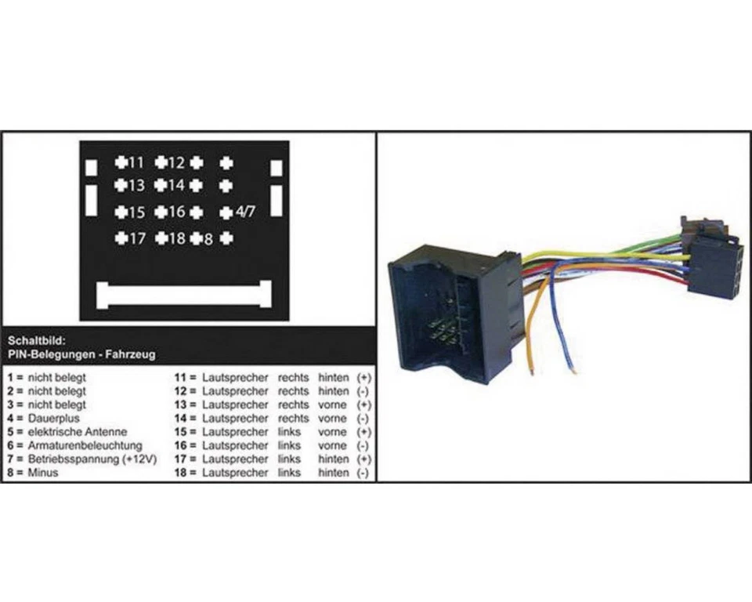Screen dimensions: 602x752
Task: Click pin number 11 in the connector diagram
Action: pos(136,163)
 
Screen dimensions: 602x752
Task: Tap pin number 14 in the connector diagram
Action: pos(175,186)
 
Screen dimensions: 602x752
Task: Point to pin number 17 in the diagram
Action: pos(136,238)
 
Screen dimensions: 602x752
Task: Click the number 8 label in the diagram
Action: pos(208,238)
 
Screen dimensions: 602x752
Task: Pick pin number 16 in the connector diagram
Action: pos(175,212)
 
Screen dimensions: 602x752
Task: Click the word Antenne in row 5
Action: pos(107,431)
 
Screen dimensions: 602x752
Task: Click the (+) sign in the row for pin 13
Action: pos(363,404)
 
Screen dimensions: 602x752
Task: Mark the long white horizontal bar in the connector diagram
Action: pos(183,294)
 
